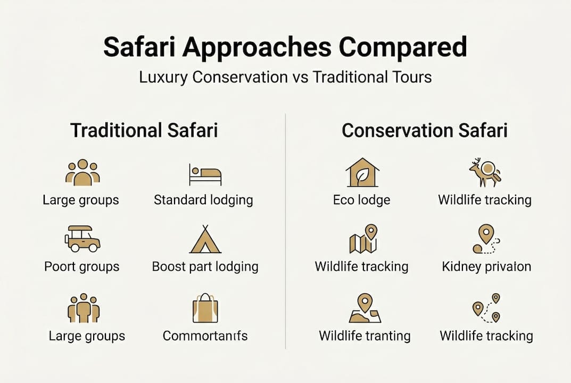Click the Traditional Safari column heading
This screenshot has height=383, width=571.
click(144, 130)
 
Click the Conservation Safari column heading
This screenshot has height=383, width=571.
click(424, 130)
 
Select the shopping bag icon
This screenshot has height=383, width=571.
click(205, 308)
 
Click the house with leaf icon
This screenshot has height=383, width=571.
click(361, 172)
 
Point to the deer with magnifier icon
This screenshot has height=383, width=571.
click(485, 172)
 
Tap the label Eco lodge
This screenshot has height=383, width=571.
click(361, 200)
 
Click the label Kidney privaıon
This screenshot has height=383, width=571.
click(486, 267)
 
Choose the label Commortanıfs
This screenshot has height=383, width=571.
click(205, 336)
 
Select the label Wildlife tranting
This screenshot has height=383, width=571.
click(365, 336)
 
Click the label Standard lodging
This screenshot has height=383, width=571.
click(203, 200)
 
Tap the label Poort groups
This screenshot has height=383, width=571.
click(82, 267)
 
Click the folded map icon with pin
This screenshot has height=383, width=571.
click(362, 239)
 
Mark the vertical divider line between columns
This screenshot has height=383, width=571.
click(286, 229)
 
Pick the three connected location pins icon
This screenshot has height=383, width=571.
click(486, 308)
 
